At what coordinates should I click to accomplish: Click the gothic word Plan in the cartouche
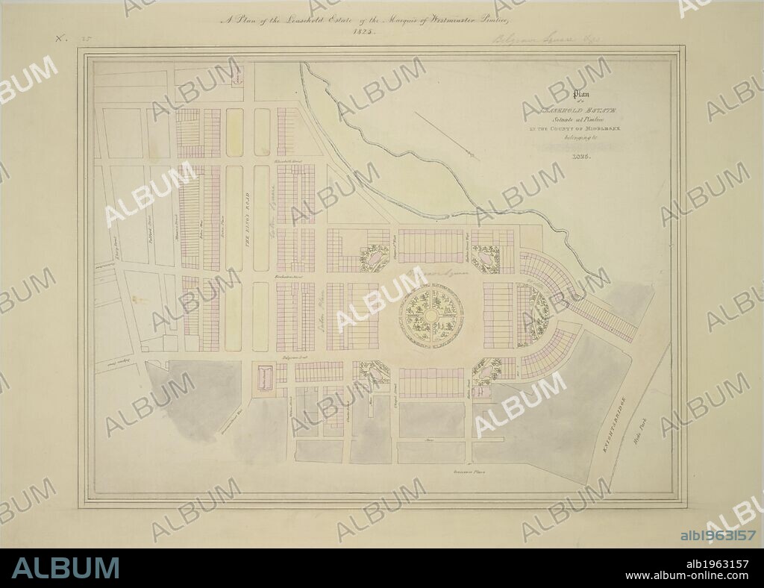(x=580, y=95)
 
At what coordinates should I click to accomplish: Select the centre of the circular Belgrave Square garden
(x=431, y=316)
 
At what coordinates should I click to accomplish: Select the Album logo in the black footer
(x=65, y=568)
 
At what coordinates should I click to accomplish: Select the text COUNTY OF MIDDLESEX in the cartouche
(x=580, y=128)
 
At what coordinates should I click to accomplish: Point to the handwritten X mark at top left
(x=60, y=37)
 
